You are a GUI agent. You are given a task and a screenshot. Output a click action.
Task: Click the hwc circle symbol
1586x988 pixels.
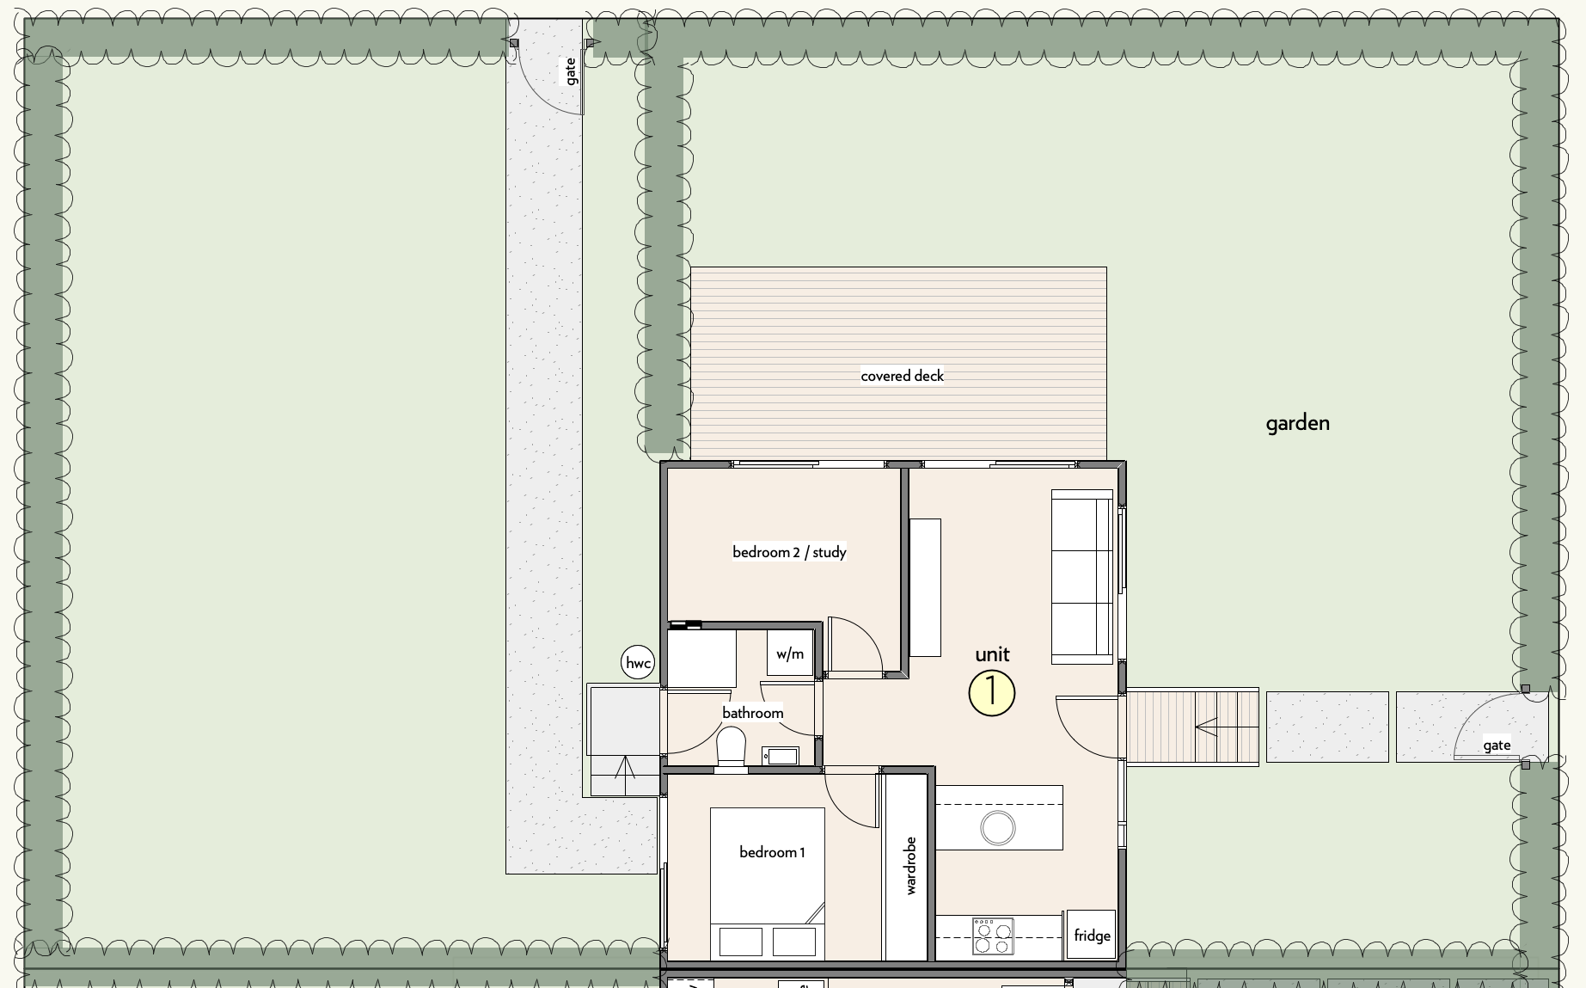coord(638,663)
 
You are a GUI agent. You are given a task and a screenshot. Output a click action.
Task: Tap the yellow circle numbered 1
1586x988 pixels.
coord(992,693)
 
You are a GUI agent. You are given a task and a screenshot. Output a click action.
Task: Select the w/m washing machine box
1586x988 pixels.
coord(790,654)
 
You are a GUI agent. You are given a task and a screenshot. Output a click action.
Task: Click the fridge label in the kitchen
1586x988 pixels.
coord(1092,936)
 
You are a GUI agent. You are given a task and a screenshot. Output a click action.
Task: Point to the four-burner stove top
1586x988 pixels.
coord(993,936)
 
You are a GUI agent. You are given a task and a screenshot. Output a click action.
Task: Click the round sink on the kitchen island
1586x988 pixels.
coord(998,828)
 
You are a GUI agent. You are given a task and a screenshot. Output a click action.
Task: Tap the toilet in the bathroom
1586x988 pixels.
coord(732,746)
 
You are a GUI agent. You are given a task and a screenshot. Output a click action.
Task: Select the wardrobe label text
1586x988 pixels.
coord(911,865)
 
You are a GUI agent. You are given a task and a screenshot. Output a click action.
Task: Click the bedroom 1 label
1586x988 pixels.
coord(772,852)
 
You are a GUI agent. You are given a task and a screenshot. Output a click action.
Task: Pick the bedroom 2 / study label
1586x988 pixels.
coord(789,552)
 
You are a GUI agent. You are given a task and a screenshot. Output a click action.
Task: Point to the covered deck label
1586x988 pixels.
coord(902,376)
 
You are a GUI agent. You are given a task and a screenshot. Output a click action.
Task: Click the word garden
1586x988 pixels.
coord(1297,423)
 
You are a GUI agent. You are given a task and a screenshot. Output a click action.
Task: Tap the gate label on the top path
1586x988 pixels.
coord(571,71)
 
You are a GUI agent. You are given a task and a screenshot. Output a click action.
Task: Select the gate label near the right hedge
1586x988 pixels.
coord(1497,746)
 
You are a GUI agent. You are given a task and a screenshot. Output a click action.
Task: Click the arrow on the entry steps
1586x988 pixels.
coord(1227,728)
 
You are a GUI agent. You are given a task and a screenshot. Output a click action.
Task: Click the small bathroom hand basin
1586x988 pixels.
coord(781,756)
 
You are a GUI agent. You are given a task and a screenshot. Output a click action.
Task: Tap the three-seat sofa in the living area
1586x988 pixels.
coord(1082,577)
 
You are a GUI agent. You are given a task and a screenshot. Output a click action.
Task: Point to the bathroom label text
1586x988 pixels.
coord(752,713)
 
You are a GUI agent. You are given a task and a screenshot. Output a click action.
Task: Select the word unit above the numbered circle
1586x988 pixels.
coord(992,654)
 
